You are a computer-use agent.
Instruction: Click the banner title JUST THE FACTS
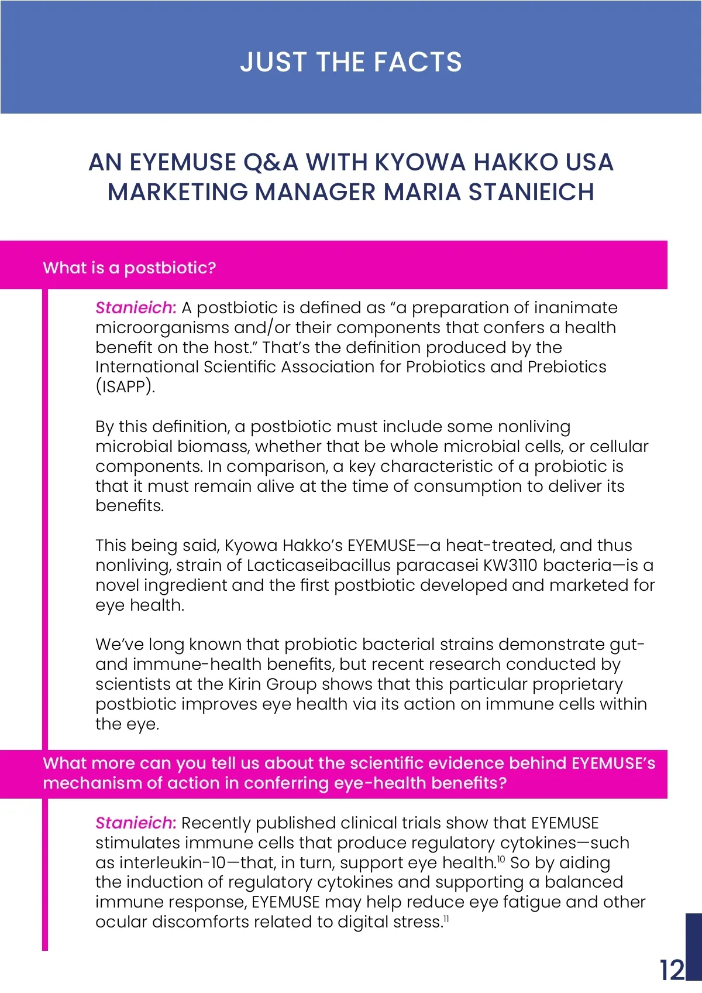click(x=351, y=62)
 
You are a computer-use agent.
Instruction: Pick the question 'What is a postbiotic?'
click(x=129, y=268)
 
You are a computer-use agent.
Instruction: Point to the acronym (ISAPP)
click(x=125, y=386)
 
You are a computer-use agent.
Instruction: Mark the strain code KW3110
click(x=506, y=566)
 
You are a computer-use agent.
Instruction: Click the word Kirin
click(x=245, y=684)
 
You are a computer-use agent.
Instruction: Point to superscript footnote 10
click(x=501, y=859)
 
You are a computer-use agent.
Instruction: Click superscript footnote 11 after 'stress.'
click(x=446, y=918)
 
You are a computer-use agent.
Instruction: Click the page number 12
click(x=672, y=970)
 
